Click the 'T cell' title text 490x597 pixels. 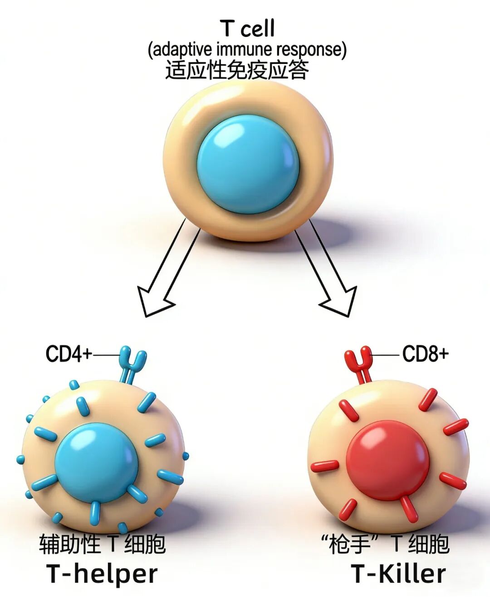click(x=247, y=28)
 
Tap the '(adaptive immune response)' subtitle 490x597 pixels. click(x=247, y=50)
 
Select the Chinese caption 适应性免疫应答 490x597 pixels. click(x=237, y=70)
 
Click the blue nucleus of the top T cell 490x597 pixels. click(x=248, y=164)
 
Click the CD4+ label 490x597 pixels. click(x=69, y=354)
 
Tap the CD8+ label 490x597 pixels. click(x=426, y=353)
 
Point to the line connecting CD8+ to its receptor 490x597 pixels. click(x=385, y=355)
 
